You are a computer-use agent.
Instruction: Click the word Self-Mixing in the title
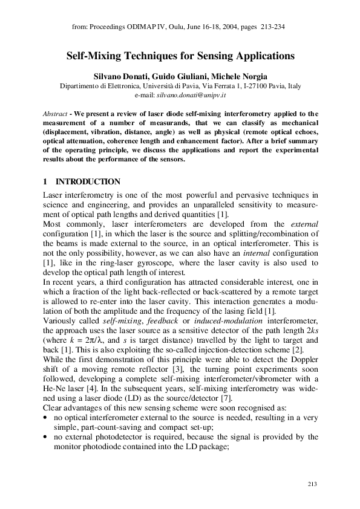click(x=95, y=56)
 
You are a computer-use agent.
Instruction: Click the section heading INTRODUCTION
click(x=88, y=182)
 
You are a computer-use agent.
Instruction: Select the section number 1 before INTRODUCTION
click(x=45, y=182)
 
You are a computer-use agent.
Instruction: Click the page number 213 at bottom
click(x=312, y=484)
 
